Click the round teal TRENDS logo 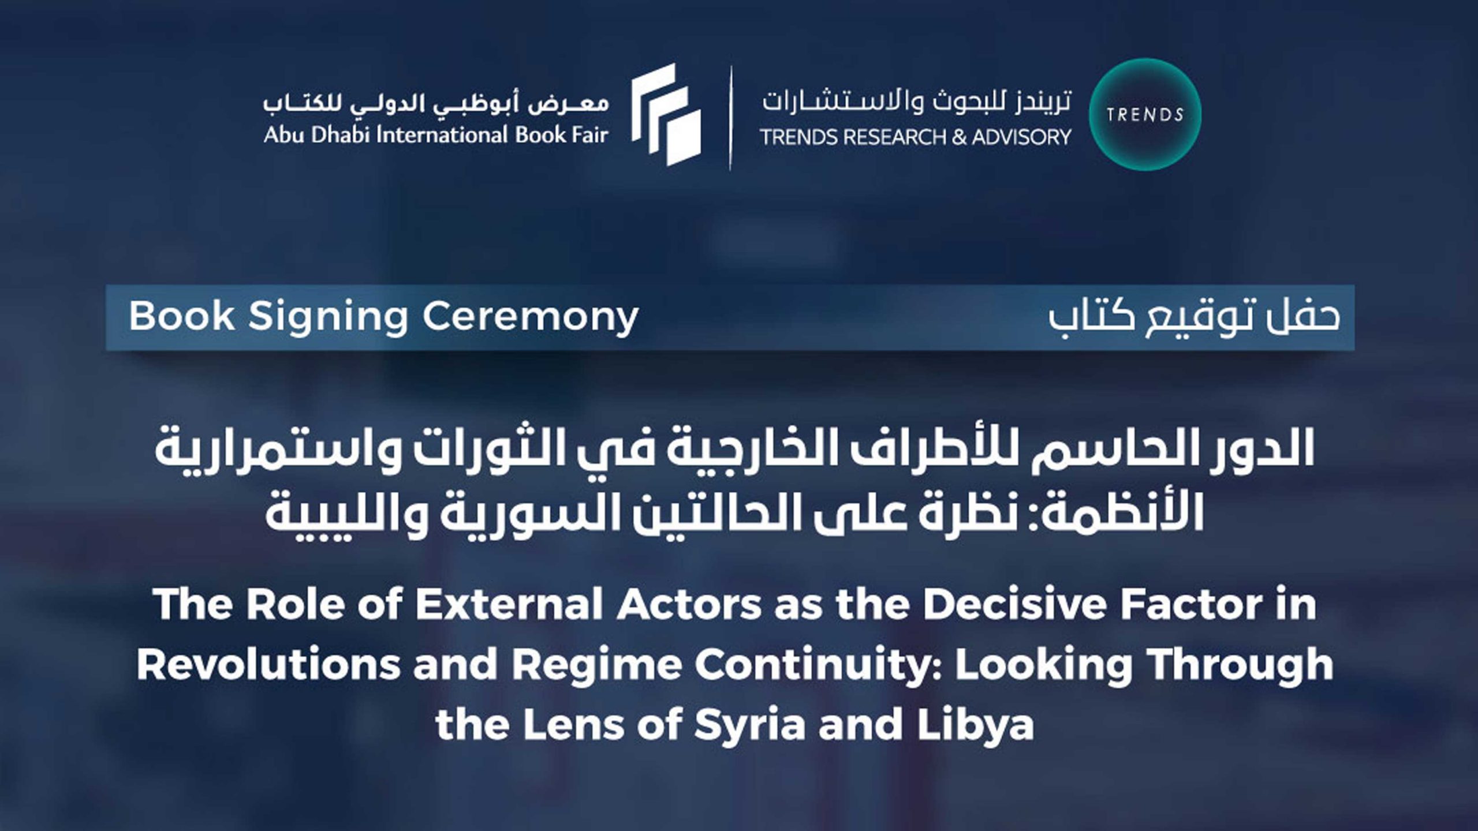pos(1145,114)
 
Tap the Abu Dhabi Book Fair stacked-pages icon pos(666,115)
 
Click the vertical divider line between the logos pos(730,118)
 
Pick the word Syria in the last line pos(749,726)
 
